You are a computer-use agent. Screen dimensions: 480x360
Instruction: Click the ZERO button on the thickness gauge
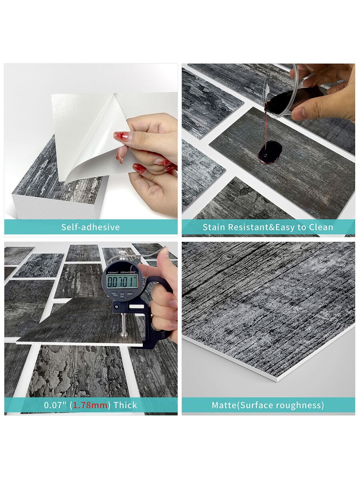point(130,294)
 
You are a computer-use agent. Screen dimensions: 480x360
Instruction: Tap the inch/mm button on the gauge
point(114,294)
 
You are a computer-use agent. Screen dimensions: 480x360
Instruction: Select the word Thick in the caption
point(125,405)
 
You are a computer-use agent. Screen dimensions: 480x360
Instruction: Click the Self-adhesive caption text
point(90,227)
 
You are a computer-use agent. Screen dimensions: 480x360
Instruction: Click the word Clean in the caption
point(321,227)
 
